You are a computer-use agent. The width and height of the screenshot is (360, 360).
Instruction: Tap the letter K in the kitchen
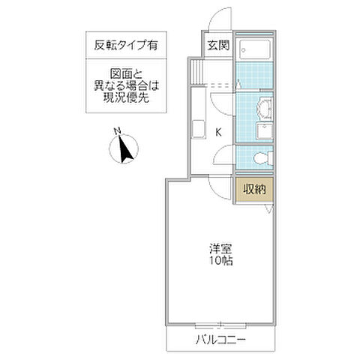point(218,133)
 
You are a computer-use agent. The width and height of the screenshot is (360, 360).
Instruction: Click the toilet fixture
point(259,158)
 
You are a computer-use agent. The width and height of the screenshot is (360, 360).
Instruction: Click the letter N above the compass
point(118,130)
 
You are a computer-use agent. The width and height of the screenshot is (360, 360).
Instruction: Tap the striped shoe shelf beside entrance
point(196,71)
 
